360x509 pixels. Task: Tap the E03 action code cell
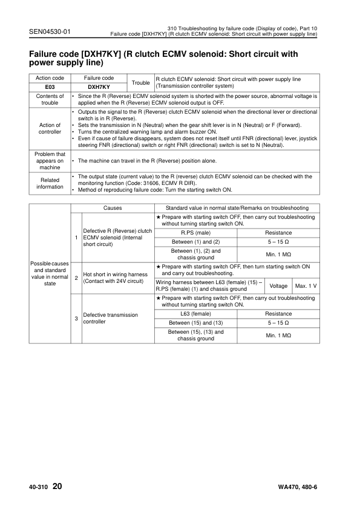click(x=50, y=86)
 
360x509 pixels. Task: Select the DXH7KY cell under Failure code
click(x=99, y=86)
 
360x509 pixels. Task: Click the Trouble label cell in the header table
click(x=140, y=82)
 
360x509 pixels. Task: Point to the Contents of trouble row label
click(x=50, y=99)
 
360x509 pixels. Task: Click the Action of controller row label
click(x=50, y=128)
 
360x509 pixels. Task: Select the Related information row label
click(x=50, y=183)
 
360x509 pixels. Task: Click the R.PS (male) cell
click(x=195, y=233)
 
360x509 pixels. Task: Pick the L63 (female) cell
click(x=195, y=314)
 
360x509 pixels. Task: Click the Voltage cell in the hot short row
click(x=278, y=285)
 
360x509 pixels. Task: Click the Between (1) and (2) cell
click(x=195, y=242)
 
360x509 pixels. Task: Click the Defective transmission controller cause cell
click(x=110, y=319)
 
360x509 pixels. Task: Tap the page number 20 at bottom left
click(x=57, y=485)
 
